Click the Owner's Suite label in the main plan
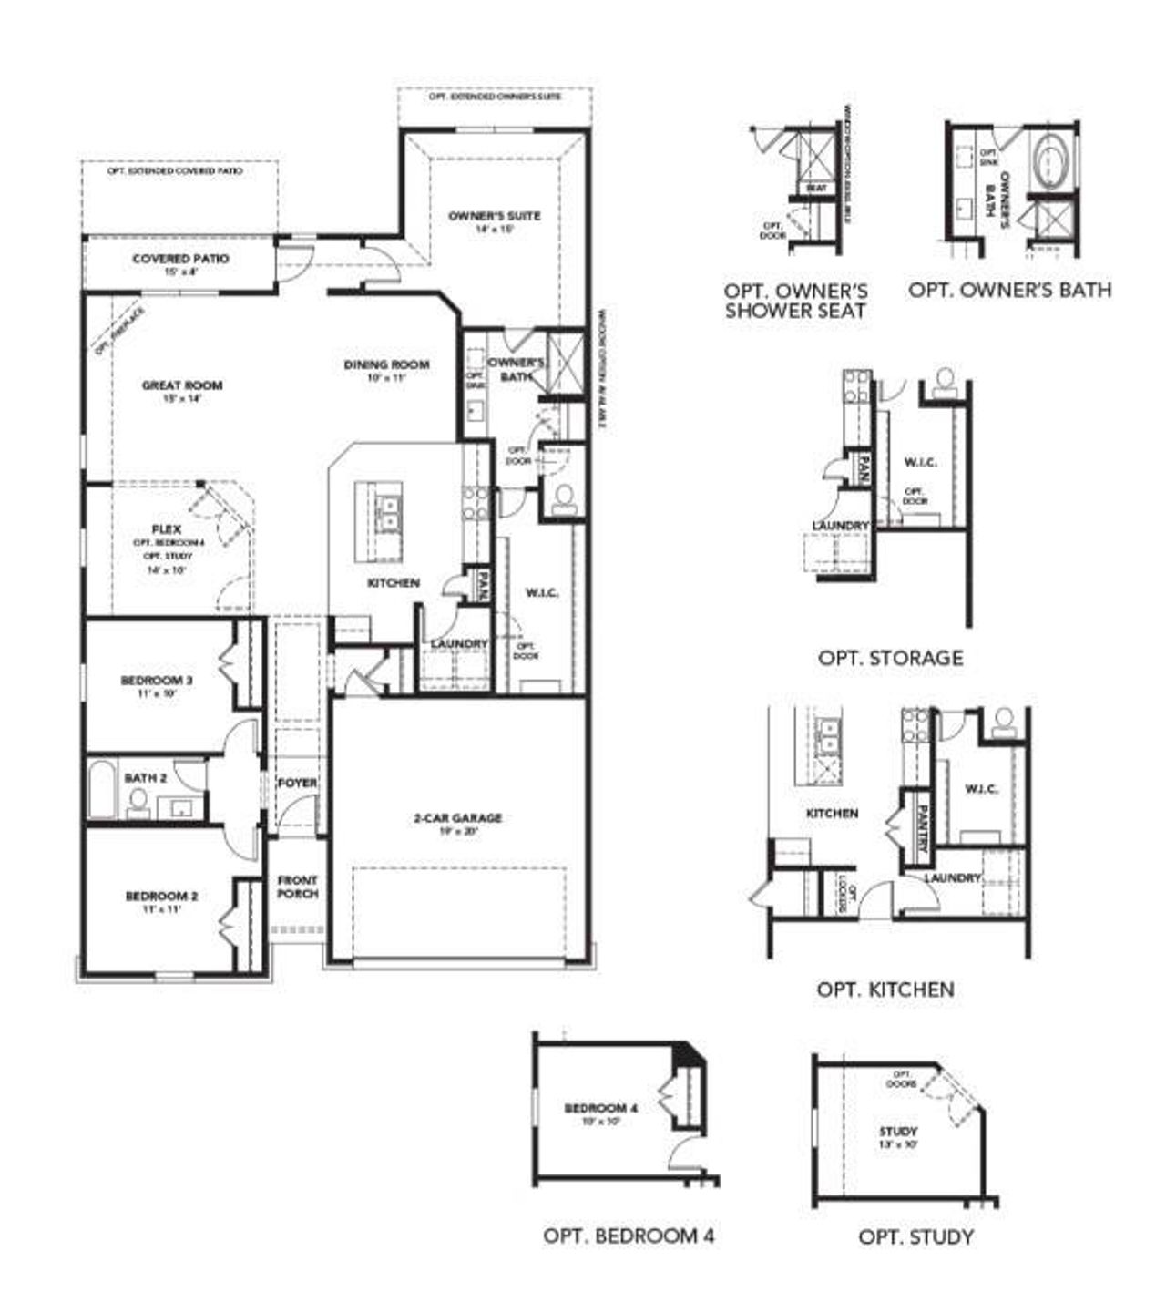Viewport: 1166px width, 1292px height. [495, 217]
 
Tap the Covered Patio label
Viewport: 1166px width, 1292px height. [180, 260]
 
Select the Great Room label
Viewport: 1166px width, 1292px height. [182, 385]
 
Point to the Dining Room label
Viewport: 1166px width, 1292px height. [386, 365]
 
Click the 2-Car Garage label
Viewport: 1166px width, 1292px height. [457, 818]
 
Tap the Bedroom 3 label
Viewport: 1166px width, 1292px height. [157, 681]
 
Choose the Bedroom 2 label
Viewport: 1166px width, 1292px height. [161, 897]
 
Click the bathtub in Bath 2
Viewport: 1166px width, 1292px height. [100, 792]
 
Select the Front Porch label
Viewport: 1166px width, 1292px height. [298, 887]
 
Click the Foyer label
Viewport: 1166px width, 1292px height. [297, 784]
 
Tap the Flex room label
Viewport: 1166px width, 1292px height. [167, 529]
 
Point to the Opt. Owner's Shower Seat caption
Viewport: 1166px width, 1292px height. [795, 301]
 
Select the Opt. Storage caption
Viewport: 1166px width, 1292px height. [890, 658]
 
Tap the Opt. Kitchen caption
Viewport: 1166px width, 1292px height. [885, 990]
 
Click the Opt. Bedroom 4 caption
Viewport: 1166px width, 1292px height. [629, 1236]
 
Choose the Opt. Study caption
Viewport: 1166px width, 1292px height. [915, 1236]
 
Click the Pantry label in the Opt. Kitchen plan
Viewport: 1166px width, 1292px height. [922, 827]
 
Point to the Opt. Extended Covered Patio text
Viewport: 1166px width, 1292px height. [175, 171]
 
